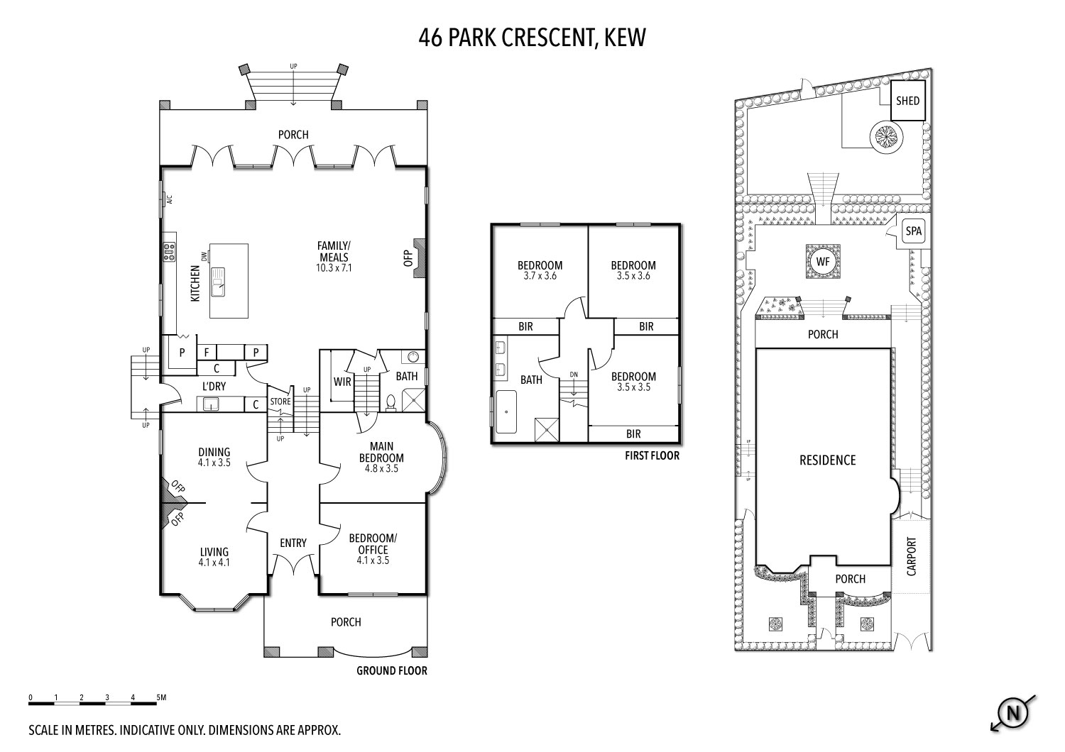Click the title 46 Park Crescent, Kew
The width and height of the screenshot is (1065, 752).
pos(532,38)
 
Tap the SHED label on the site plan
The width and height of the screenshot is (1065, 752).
pos(907,101)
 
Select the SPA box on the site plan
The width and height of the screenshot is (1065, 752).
pos(913,231)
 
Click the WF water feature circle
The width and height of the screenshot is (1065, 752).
pos(822,262)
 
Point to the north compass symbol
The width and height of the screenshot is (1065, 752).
pos(1012,713)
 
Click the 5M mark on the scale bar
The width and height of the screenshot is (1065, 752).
pos(161,698)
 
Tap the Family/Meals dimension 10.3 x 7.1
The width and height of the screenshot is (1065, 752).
pos(334,268)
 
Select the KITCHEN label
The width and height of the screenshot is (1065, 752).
pos(195,284)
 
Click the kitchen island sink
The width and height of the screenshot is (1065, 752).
pos(218,282)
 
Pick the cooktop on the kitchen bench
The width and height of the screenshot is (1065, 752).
pos(169,252)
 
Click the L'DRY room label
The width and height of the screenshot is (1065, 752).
pos(214,387)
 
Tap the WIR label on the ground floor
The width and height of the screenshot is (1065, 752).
pos(342,382)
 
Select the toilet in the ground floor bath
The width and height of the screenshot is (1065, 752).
pos(390,402)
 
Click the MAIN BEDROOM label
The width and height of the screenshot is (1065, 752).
pos(381,452)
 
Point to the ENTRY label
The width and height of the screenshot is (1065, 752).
pos(293,543)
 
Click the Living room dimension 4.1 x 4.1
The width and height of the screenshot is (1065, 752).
pos(214,563)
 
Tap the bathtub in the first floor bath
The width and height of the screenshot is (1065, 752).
pos(506,412)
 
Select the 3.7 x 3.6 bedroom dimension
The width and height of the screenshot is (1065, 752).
pos(540,276)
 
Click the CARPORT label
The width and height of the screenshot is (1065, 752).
pos(912,556)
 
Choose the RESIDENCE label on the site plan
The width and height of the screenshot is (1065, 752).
pos(827,460)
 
